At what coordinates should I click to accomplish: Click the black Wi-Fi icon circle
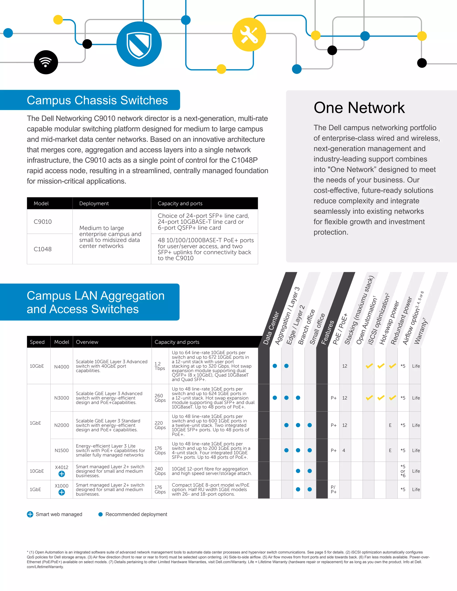point(46,62)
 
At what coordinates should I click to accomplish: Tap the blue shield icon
point(139,44)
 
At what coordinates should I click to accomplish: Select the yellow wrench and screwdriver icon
point(249,35)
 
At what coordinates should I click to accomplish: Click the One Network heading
point(359,108)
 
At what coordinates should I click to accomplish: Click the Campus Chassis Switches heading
point(97,100)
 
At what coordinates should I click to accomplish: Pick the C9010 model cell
point(43,222)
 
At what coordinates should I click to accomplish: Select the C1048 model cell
point(43,249)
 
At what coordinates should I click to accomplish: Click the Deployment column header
point(94,203)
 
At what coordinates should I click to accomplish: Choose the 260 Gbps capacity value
point(160,398)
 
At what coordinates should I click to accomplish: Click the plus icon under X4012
point(62,474)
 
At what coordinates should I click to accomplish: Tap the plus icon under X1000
point(62,492)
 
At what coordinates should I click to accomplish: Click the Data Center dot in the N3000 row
point(275,398)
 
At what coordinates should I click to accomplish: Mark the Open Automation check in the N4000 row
point(369,366)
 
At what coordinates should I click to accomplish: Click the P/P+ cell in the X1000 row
point(334,489)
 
